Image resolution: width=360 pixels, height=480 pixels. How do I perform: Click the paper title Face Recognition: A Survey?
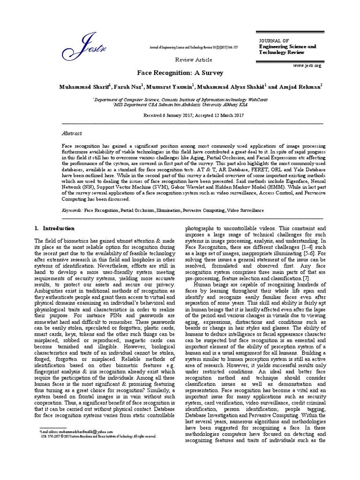click(x=180, y=73)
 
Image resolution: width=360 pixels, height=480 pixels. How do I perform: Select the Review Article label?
click(x=194, y=60)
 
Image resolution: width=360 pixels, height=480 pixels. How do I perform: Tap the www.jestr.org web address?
click(x=307, y=66)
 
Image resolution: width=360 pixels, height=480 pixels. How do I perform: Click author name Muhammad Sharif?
click(x=84, y=87)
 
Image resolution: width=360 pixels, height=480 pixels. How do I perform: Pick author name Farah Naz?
click(x=128, y=87)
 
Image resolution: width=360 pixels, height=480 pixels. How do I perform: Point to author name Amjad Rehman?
click(x=300, y=87)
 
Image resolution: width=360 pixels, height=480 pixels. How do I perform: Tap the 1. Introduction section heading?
click(x=55, y=228)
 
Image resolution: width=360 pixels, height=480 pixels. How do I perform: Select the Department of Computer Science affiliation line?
click(x=180, y=99)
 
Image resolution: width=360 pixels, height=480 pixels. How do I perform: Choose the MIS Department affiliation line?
click(x=180, y=105)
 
